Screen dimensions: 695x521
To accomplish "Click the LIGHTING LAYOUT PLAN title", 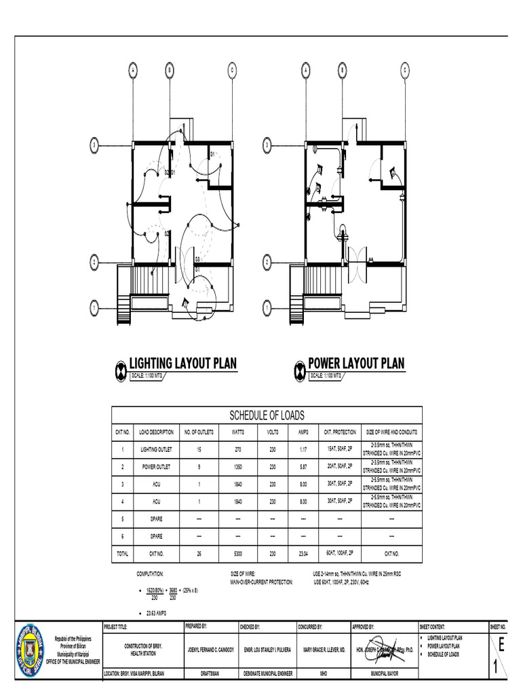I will pos(183,363).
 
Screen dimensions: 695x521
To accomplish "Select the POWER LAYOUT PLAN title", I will pos(356,363).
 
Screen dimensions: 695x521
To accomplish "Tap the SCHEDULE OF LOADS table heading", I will pos(267,415).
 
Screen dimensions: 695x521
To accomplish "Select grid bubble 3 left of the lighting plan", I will pos(95,145).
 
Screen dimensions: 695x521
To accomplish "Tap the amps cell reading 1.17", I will pos(303,449).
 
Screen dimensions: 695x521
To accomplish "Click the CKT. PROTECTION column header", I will pos(340,432).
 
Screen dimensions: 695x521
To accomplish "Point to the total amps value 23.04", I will pos(303,554).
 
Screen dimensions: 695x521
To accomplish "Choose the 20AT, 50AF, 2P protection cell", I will pos(340,467).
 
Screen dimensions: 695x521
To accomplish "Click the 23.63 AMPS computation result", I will pos(157,613).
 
